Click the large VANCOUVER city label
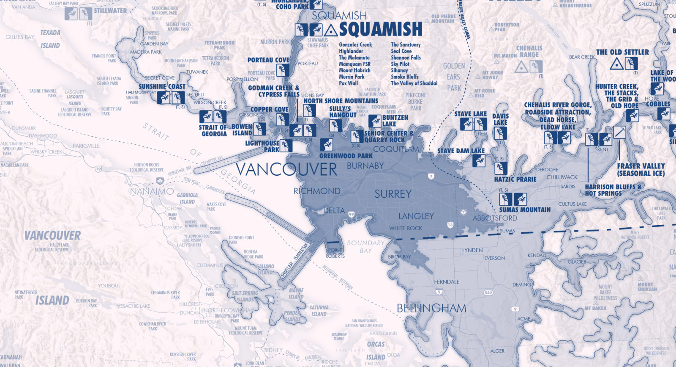[286, 169]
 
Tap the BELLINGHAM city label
[431, 308]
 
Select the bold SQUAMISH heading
[380, 29]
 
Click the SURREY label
[393, 194]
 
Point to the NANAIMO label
[152, 191]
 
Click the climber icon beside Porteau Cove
[283, 70]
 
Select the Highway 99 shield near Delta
[352, 215]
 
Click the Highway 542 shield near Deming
[489, 293]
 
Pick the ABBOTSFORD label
[495, 218]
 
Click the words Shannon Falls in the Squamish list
[406, 58]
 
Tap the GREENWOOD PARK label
[346, 156]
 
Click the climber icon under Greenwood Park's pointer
[326, 144]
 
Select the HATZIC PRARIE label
[515, 179]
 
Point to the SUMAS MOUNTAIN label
[525, 210]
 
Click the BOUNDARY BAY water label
[366, 246]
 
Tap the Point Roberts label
[335, 253]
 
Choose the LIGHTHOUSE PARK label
[262, 146]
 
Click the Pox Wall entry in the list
[348, 83]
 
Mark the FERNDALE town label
[447, 281]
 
